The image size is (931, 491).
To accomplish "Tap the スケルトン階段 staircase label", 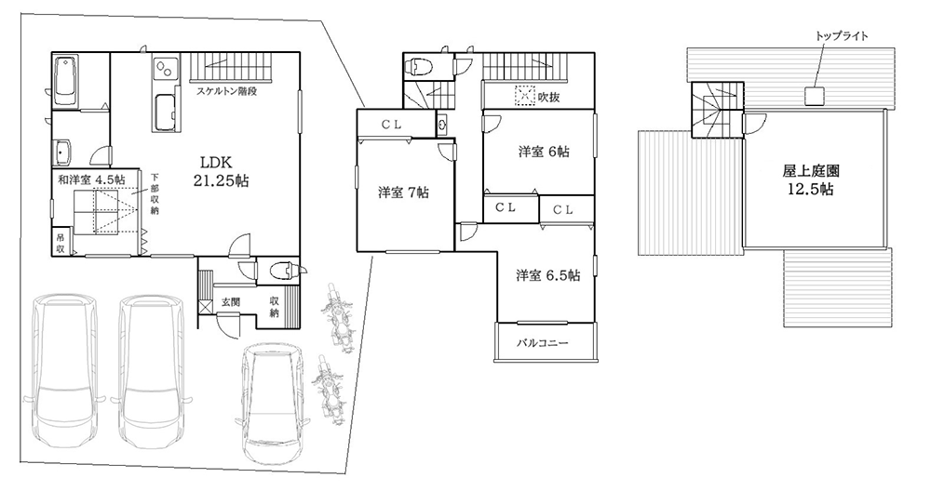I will pyautogui.click(x=227, y=91).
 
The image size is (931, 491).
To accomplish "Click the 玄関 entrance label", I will pyautogui.click(x=231, y=303).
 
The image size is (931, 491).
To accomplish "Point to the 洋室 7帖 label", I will pyautogui.click(x=403, y=192).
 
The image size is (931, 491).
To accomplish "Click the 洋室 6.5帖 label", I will pyautogui.click(x=548, y=275).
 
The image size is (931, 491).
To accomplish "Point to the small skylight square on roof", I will pyautogui.click(x=815, y=94).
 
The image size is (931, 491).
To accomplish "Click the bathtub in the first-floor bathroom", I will pyautogui.click(x=66, y=83).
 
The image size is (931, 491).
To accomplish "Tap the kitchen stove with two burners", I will pyautogui.click(x=164, y=69).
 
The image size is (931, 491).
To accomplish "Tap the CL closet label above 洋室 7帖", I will pyautogui.click(x=390, y=124).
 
